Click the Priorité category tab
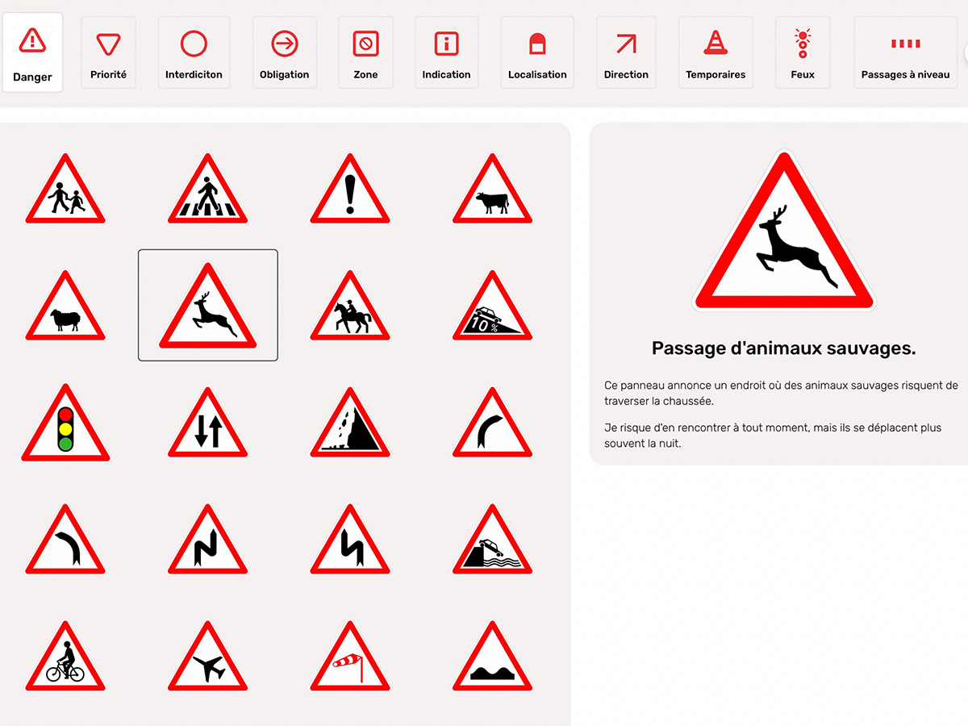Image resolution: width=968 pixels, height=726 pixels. tap(108, 52)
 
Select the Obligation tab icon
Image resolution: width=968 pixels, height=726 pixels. tap(285, 44)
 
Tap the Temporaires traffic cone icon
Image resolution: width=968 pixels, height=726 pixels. tap(716, 42)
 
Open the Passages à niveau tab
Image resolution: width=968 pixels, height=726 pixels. tap(905, 52)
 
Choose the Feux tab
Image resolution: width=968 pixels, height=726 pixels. tap(803, 52)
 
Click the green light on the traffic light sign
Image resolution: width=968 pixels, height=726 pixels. tap(65, 444)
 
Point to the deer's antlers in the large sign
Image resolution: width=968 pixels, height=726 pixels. tap(780, 215)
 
